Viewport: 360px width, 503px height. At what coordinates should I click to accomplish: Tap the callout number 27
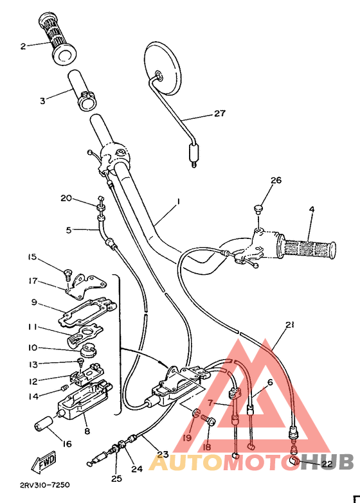coord(221,114)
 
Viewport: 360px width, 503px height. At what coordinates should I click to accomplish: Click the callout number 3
coord(42,100)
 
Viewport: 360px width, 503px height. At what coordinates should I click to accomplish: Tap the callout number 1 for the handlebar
coord(178,201)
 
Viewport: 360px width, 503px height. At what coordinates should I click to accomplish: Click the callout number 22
coord(327,463)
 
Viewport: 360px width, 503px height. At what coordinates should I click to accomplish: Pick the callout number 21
coord(289,326)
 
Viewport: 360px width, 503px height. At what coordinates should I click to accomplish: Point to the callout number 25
coord(117,479)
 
